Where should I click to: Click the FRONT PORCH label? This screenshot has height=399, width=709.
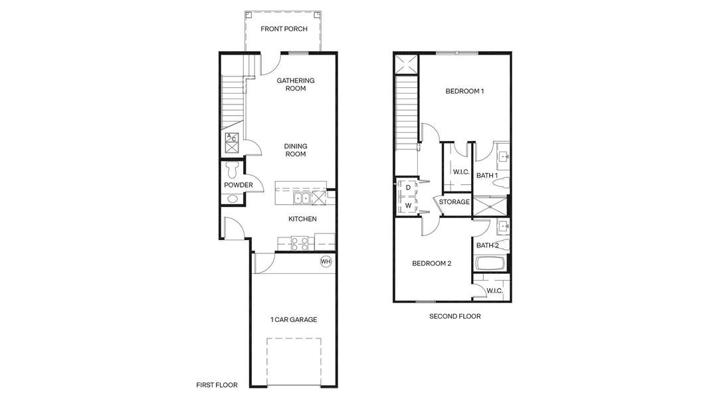click(x=282, y=29)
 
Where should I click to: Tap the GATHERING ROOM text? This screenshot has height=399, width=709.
click(x=295, y=84)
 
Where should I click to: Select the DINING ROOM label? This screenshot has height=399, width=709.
click(x=295, y=150)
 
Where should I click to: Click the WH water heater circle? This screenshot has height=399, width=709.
click(x=326, y=261)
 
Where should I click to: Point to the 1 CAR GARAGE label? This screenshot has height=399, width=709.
click(x=293, y=320)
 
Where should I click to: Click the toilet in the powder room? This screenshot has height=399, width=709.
click(x=232, y=168)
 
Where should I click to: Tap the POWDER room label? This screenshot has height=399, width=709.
click(x=238, y=186)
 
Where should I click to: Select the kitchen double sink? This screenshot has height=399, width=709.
click(x=302, y=198)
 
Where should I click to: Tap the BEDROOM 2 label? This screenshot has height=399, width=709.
click(x=431, y=263)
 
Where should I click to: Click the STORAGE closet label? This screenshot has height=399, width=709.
click(x=455, y=202)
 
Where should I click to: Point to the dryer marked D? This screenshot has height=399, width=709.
click(x=407, y=188)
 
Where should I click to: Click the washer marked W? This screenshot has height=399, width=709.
click(x=407, y=205)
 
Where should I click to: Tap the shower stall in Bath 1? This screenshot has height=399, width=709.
click(x=490, y=205)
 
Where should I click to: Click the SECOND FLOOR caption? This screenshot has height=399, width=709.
click(x=455, y=317)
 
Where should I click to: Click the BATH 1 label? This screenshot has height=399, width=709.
click(x=487, y=176)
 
